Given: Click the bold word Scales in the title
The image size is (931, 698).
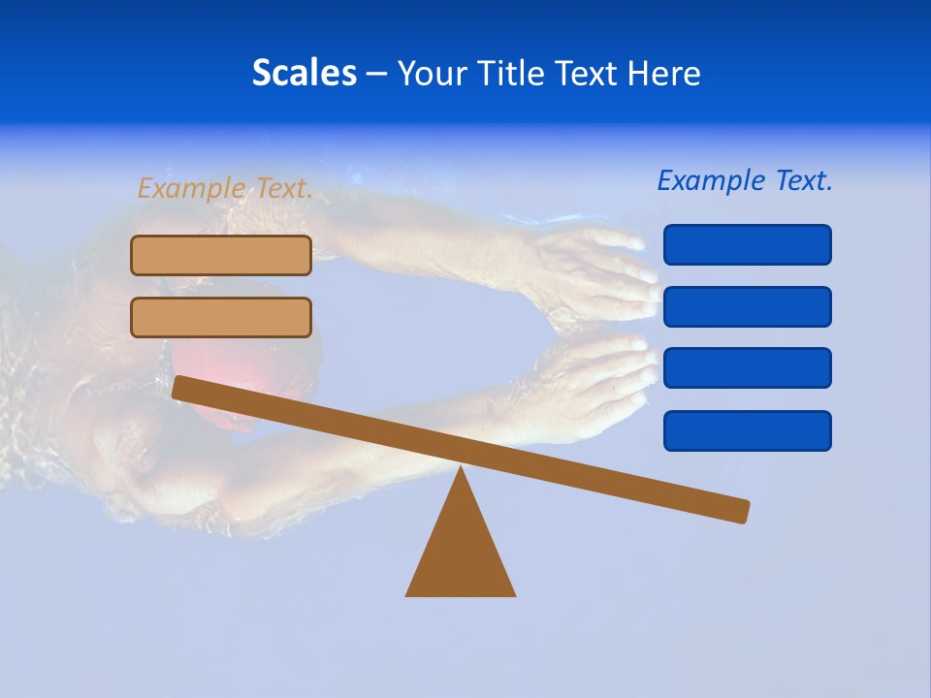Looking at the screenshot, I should (x=304, y=73).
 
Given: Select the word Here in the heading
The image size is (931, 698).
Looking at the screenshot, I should (x=663, y=73).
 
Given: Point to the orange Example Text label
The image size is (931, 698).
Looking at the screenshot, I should (x=225, y=188).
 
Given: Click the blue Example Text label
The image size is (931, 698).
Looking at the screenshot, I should (x=745, y=180).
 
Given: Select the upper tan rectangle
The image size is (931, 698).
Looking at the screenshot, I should (x=221, y=255).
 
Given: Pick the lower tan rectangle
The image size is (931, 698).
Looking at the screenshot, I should (x=221, y=317).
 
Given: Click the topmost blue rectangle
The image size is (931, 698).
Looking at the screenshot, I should (x=747, y=244).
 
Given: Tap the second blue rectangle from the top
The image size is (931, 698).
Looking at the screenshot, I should (x=747, y=306).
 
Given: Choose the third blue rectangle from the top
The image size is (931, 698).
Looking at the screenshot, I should (x=747, y=368).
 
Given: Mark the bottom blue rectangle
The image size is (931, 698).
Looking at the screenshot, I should (x=747, y=430).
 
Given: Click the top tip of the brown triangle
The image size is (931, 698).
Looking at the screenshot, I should (x=461, y=470).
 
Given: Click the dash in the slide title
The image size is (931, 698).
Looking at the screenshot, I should (x=377, y=74).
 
